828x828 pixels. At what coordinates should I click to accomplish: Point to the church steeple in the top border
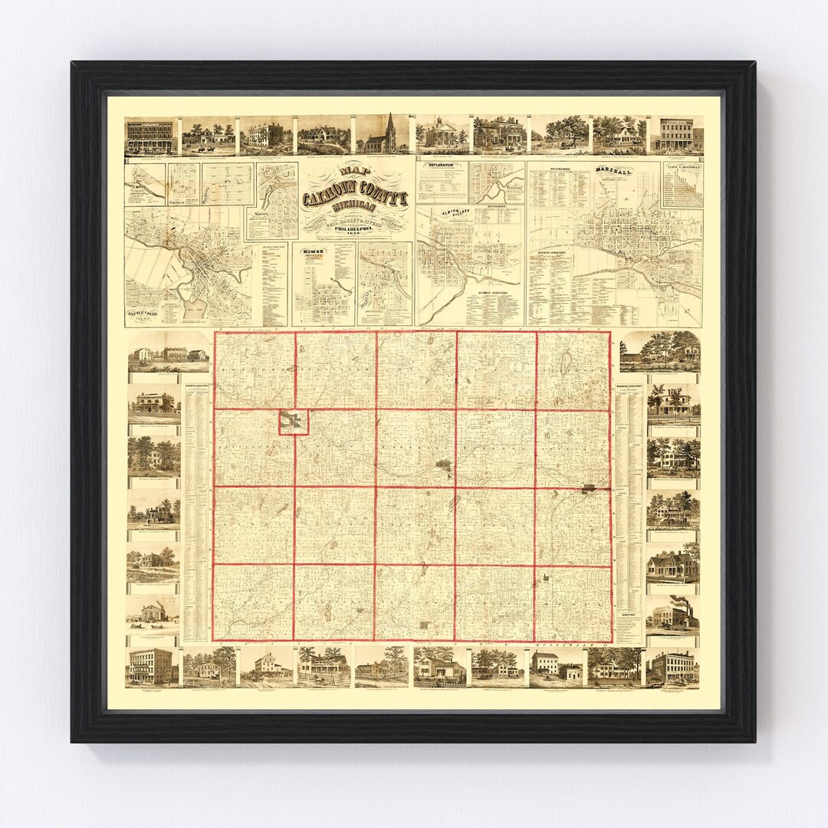click(x=390, y=131)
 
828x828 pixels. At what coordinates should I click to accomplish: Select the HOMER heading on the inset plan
click(x=314, y=251)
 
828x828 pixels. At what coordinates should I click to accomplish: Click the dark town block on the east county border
click(x=590, y=487)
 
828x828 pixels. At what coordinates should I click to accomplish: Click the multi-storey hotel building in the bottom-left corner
click(x=150, y=665)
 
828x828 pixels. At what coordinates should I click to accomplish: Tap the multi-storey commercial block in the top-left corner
click(x=149, y=135)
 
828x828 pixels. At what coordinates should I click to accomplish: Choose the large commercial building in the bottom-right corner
click(x=672, y=665)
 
